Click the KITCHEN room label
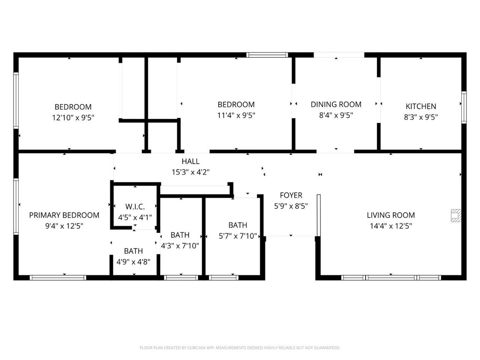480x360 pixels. (x=420, y=106)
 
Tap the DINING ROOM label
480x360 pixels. (x=336, y=105)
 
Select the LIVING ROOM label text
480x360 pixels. (x=390, y=215)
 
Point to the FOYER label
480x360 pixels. (x=291, y=195)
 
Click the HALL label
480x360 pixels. (x=190, y=161)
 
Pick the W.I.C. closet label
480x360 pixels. (x=135, y=207)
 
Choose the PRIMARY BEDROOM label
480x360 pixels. (x=64, y=215)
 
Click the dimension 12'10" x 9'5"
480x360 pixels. (x=73, y=118)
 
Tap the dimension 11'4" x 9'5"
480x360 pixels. (x=236, y=115)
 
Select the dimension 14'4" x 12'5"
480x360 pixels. (x=390, y=226)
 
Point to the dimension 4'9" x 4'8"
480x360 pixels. (x=133, y=262)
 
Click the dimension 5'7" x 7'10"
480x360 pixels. (x=238, y=236)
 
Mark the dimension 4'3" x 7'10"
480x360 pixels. (x=180, y=246)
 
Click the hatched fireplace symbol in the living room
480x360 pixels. (x=456, y=215)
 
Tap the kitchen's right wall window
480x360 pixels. (x=464, y=107)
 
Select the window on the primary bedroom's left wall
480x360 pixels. (x=16, y=207)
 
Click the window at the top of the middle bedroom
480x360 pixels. (x=267, y=55)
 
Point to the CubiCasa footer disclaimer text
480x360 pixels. (x=240, y=348)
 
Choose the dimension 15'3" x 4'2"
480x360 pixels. (x=190, y=172)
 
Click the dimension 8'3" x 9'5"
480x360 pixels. (x=420, y=117)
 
